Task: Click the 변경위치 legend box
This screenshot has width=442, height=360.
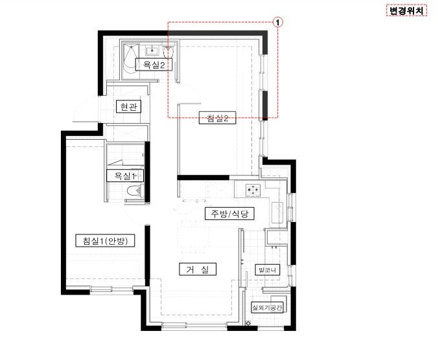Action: pos(406,11)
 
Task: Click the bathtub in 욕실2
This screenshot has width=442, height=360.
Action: pos(130,58)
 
